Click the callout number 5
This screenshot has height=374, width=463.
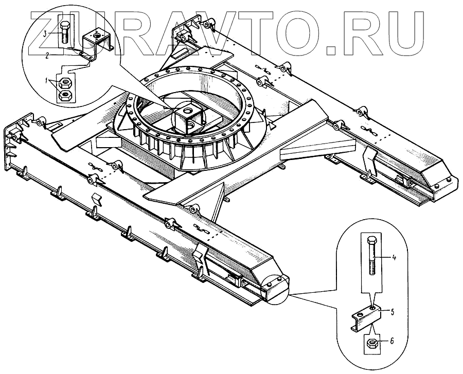point(391,311)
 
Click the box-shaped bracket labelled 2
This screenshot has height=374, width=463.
point(96,42)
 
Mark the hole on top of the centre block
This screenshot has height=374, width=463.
point(188,110)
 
